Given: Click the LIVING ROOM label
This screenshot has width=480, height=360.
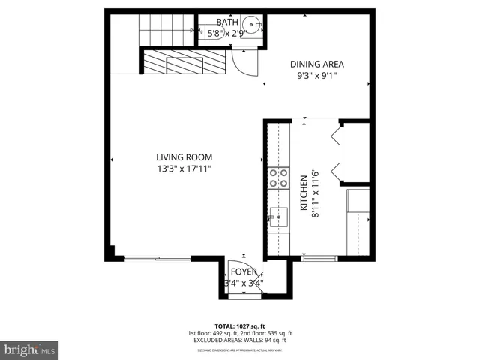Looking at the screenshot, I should pos(184,157).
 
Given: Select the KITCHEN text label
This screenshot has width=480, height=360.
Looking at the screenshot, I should pos(304,196).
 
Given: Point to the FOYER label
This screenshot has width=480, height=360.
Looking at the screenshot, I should pos(244,271).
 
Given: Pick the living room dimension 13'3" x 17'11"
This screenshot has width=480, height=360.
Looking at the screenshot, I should pos(184,169).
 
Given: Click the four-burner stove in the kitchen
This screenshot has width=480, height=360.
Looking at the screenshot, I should pos(279,178).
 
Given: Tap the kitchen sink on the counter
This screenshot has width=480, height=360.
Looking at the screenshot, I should pos(278,217).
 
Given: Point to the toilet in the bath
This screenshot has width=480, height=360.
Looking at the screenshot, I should pos(205,31).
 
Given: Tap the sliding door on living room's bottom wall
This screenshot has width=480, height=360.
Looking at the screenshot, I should pos(157,259).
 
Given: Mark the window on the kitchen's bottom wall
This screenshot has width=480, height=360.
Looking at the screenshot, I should pos(319,259).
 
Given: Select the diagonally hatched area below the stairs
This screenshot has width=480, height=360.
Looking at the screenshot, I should pos(184,61).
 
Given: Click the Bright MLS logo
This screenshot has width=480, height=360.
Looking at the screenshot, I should pos(30,349).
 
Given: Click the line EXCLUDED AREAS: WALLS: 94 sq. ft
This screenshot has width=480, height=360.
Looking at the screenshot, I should pos(240,340).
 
